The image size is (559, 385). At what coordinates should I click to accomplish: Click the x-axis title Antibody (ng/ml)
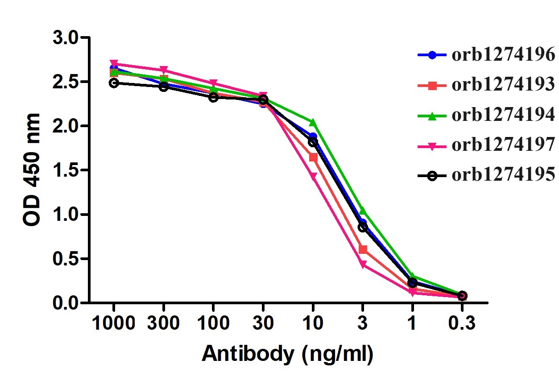tap(287, 354)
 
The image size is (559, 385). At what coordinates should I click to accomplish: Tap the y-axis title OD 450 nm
tap(32, 170)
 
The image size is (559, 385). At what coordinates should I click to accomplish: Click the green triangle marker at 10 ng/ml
tap(313, 122)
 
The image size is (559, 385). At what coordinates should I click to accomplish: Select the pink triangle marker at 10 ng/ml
tap(313, 177)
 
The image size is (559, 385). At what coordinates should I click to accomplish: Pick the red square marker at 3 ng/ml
tap(363, 249)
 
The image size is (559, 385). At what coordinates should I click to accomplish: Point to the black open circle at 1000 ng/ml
tap(114, 83)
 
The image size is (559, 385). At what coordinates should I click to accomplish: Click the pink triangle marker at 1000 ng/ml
tap(114, 64)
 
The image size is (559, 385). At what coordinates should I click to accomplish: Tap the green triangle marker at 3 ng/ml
tap(363, 211)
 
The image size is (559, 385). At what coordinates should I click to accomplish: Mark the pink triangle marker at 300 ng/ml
tap(164, 70)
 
